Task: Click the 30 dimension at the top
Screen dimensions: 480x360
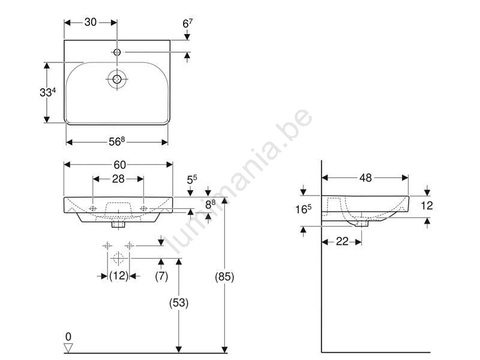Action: tap(91, 22)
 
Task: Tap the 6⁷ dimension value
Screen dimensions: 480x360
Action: tap(187, 23)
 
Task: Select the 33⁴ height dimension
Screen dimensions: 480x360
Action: tap(47, 92)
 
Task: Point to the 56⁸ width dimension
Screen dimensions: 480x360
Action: tap(116, 141)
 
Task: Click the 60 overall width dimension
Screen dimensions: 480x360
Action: tap(119, 165)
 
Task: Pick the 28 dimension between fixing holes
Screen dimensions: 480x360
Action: tap(118, 179)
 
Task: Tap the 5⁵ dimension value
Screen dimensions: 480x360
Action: tap(192, 179)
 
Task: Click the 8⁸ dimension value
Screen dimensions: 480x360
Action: tap(211, 204)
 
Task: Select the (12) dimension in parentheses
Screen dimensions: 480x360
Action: tap(119, 276)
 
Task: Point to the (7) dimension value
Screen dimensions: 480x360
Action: tap(161, 276)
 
